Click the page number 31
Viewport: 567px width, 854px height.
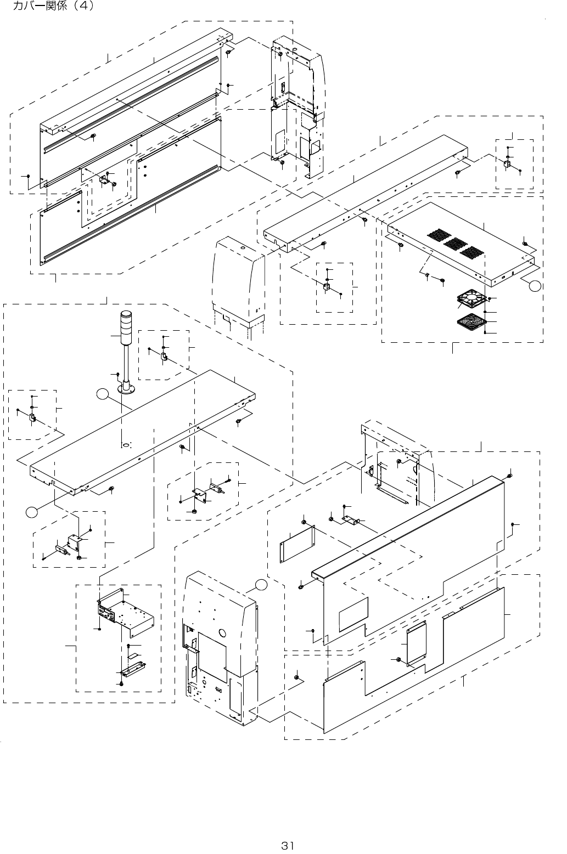coord(288,845)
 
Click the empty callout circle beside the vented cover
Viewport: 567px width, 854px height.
coord(535,284)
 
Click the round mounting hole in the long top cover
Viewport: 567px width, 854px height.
coord(126,444)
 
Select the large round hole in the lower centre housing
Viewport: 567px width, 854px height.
coord(223,632)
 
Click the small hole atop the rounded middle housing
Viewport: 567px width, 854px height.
coord(242,248)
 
